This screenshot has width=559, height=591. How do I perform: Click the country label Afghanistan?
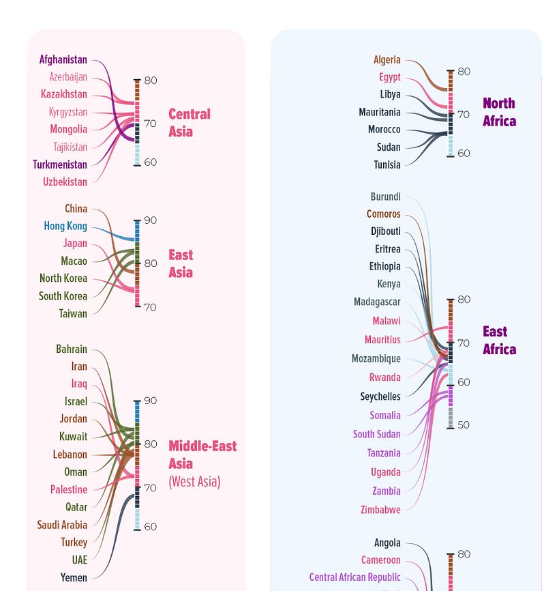coord(63,59)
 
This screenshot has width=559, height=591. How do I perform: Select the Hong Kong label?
coord(65,226)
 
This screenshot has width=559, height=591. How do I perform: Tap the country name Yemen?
coord(74,577)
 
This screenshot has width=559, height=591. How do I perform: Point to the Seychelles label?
coord(380,397)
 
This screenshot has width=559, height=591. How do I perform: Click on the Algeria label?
coord(387,60)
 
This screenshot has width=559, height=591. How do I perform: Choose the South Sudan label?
coord(376,434)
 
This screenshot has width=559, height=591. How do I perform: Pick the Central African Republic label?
coord(354,577)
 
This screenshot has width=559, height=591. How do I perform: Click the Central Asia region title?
coord(189,123)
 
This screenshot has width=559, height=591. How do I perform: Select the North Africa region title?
coord(499,112)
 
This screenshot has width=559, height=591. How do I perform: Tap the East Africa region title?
coord(499,340)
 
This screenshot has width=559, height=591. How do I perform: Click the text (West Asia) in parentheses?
coord(194,482)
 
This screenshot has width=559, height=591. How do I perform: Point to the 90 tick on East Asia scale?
coord(150,220)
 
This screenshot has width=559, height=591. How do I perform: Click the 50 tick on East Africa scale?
coord(463,425)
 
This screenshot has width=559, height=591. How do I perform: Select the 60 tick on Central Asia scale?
coord(150,162)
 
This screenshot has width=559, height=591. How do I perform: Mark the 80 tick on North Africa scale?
coord(463,72)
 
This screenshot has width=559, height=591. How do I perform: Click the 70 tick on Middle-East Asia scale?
coord(150,487)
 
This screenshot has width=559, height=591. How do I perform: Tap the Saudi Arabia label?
coord(62,525)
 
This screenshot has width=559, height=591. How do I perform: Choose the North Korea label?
coord(63,278)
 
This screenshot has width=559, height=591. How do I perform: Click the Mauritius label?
coord(382,340)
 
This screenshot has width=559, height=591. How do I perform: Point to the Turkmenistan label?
coord(60,164)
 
